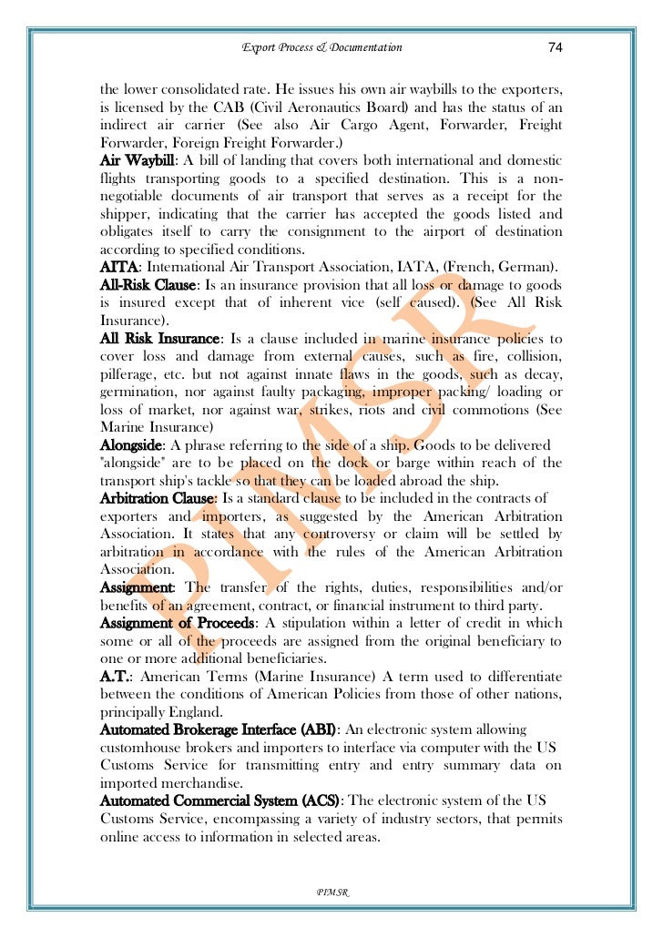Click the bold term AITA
click(118, 266)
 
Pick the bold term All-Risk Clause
click(147, 284)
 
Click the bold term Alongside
click(131, 444)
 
